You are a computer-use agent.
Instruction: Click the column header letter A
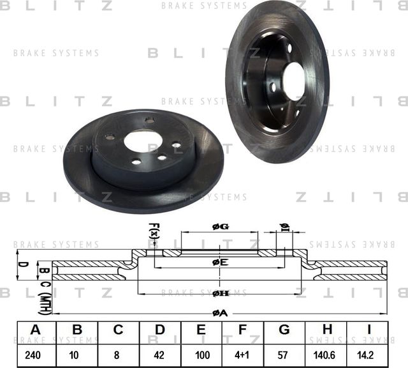point(36,330)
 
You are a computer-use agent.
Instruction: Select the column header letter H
point(326,330)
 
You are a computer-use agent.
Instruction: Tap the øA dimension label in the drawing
point(219,312)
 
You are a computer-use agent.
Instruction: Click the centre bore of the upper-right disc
point(295,81)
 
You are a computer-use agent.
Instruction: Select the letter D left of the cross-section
point(21,263)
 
